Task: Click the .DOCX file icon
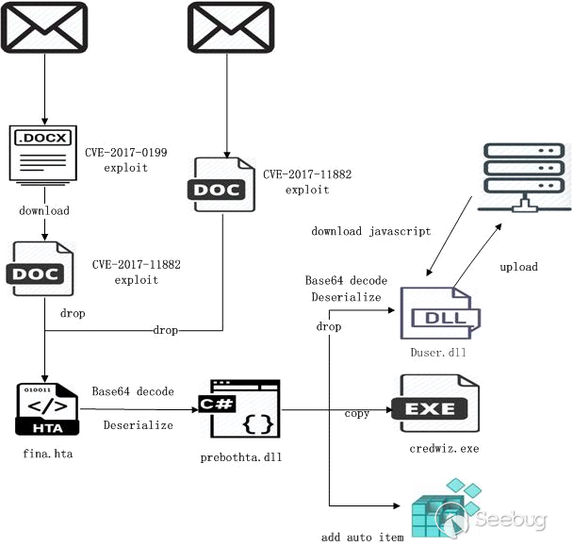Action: pos(43,152)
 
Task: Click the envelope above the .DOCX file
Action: pos(44,25)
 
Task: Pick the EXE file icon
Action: pos(439,405)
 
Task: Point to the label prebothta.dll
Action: pos(241,457)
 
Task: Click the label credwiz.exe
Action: pos(444,448)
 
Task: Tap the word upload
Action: pos(518,267)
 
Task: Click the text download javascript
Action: pos(370,231)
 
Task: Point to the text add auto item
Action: pos(362,537)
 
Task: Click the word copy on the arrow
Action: pos(357,414)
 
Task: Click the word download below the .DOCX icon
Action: pos(44,210)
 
